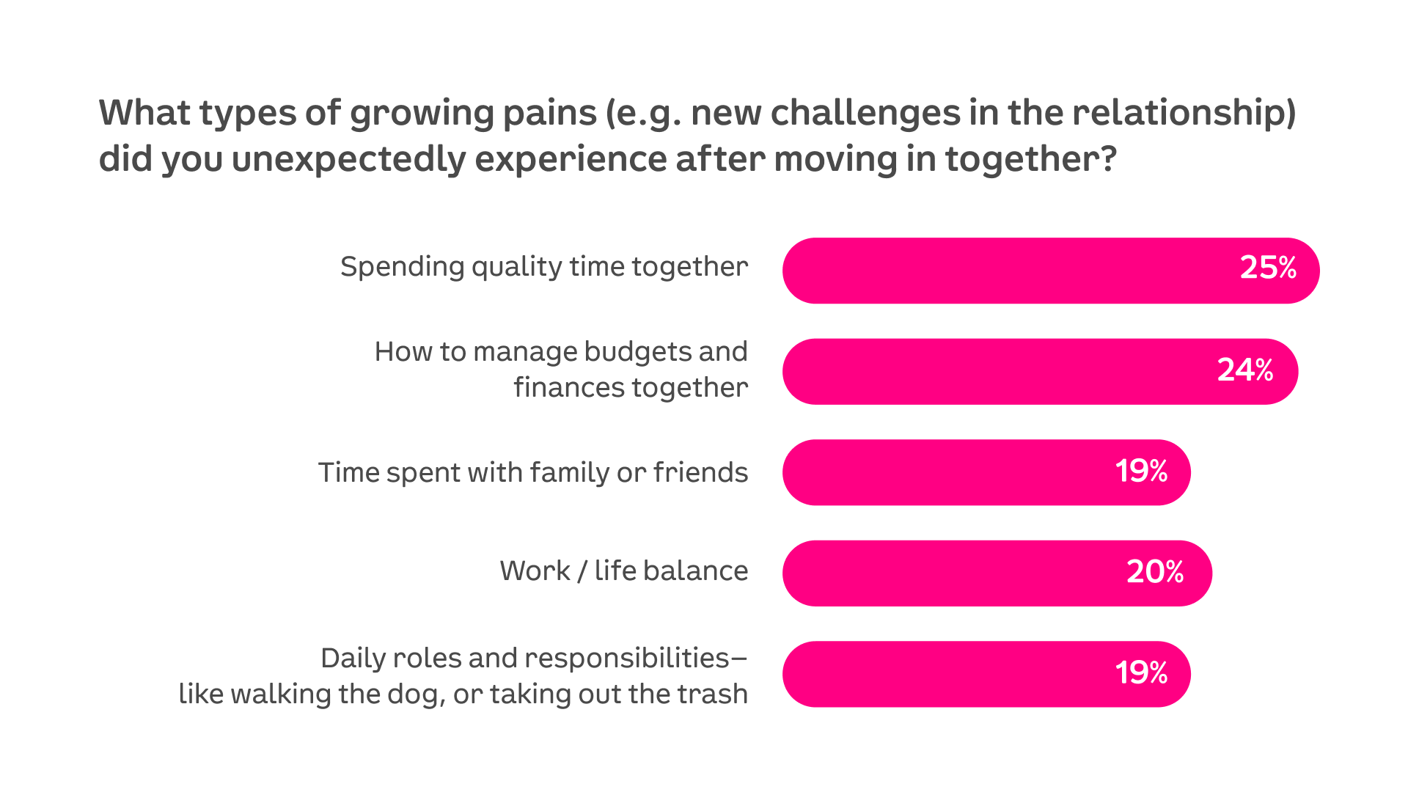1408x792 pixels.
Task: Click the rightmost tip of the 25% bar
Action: coord(1319,271)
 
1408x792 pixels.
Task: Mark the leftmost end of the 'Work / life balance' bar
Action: coord(783,573)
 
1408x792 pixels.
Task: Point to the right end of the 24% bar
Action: coord(1298,372)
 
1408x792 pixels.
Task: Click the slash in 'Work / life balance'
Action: coord(582,571)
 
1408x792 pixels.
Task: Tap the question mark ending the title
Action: coord(1107,158)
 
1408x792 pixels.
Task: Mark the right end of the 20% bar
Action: coord(1211,573)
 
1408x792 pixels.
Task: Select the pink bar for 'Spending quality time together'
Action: coord(1051,271)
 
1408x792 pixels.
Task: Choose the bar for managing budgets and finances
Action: coord(1041,372)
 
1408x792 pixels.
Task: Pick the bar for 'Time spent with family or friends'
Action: coord(986,472)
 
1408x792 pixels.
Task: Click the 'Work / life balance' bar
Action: coord(997,573)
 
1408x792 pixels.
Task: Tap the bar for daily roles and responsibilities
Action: coord(986,674)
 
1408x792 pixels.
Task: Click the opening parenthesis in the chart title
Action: coord(610,114)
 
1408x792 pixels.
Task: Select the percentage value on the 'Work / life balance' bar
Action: coord(1155,571)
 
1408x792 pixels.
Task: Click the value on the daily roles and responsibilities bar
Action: coord(1142,672)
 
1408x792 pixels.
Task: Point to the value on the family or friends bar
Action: coord(1142,471)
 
